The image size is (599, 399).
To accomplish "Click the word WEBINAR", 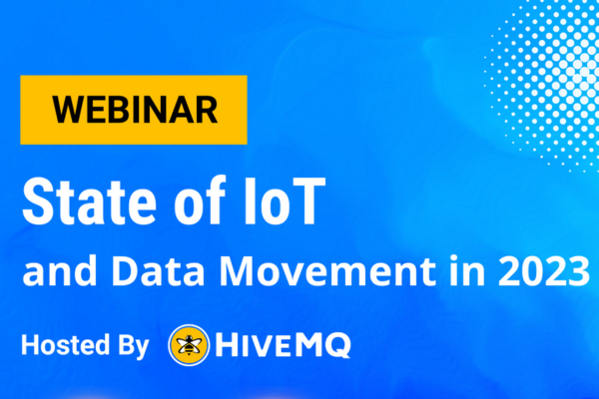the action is [135, 110].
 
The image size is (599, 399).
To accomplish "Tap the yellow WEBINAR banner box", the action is [134, 110].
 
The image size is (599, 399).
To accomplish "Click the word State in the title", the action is [89, 201].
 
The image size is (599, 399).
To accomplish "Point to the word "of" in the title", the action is [200, 200].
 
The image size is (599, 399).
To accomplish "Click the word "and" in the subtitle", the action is [60, 270].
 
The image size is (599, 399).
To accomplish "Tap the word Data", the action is [158, 271].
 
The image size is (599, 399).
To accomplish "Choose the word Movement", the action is [327, 271].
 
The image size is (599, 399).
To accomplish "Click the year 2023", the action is [544, 271].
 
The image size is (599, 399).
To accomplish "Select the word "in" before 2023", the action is [467, 270].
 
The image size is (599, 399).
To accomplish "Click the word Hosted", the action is [65, 345].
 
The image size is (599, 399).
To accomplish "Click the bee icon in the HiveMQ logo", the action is [189, 345].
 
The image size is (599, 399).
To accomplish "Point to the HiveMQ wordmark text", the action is [284, 345].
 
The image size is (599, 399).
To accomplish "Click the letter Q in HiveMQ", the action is [337, 345].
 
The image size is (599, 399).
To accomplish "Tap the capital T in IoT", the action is [305, 201].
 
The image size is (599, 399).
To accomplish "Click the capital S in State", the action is [37, 201].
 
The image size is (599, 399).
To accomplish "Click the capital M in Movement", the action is [237, 271].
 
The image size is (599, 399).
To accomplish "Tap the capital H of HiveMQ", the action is [226, 345].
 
